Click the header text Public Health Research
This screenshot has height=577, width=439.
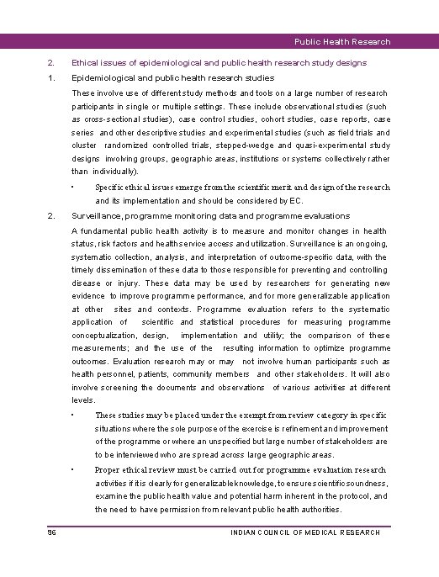(x=342, y=41)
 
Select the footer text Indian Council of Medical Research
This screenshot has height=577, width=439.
(x=305, y=532)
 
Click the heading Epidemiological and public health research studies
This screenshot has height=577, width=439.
(x=170, y=78)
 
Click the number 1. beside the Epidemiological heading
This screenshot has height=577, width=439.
(x=51, y=78)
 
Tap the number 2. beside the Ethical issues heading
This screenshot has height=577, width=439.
(x=51, y=62)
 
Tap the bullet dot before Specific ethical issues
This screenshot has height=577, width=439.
(x=75, y=187)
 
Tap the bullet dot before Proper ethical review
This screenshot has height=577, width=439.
(x=75, y=468)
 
